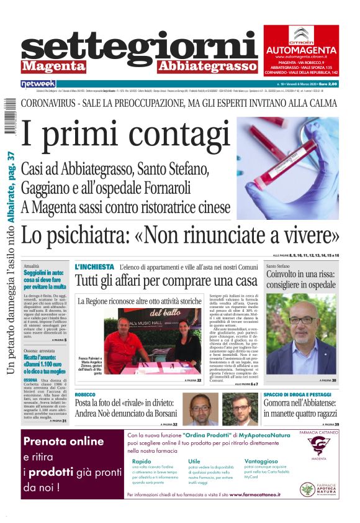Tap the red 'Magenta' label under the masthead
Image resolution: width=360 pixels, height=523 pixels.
coord(48,66)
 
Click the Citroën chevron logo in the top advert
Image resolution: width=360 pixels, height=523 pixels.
coord(303,35)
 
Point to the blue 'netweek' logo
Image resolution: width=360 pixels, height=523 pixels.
coord(38,84)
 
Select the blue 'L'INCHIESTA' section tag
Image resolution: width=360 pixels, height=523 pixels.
coord(94,266)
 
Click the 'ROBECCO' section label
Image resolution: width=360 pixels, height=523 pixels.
coord(85,394)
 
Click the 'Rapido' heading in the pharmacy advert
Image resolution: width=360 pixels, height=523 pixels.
coord(142,462)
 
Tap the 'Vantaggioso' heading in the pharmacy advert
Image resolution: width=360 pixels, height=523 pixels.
coord(261,462)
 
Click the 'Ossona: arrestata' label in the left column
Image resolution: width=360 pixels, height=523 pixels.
coord(40,351)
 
